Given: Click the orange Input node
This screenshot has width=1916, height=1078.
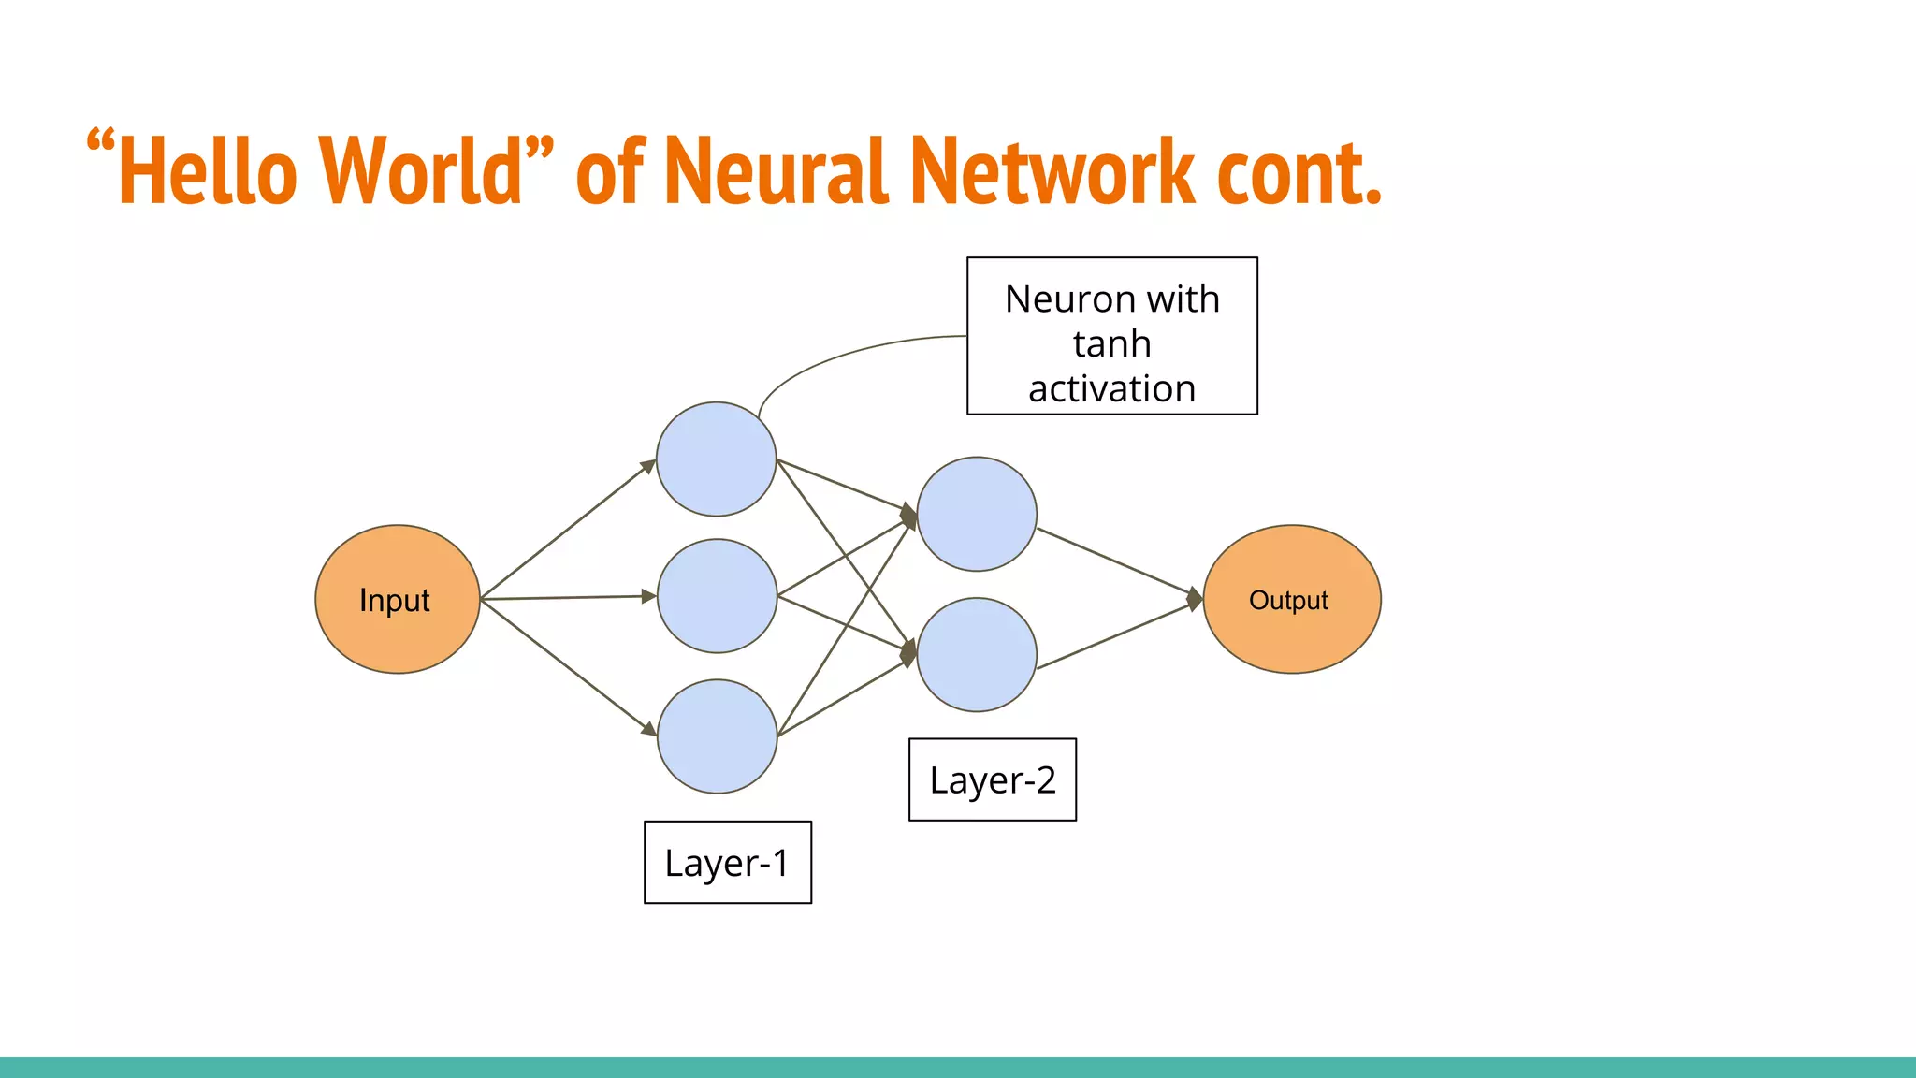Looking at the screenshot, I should (x=397, y=599).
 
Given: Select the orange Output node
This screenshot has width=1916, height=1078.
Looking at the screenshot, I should (x=1291, y=599).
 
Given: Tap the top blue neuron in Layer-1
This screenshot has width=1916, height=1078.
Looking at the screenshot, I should (x=716, y=459).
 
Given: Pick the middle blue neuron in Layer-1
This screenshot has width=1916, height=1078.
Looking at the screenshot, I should (x=717, y=595).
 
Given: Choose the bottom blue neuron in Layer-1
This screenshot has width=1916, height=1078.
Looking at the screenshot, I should (x=717, y=736).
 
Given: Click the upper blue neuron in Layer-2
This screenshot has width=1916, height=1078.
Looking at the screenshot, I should (x=976, y=514).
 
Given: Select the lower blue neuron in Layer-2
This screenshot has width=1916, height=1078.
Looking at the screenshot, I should (x=976, y=654).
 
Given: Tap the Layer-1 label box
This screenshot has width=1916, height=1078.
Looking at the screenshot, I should (x=727, y=862).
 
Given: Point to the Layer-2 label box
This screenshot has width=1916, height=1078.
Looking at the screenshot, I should (x=992, y=779).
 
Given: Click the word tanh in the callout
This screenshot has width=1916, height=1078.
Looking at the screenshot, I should (x=1111, y=344).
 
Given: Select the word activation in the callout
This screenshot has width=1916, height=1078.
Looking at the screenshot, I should (x=1111, y=388).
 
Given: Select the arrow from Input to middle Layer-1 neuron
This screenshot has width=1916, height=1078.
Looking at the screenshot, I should (x=566, y=597).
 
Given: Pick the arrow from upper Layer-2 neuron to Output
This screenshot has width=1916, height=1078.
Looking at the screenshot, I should (x=1118, y=562).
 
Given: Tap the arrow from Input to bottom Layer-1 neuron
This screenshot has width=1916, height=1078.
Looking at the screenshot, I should (x=566, y=665).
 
